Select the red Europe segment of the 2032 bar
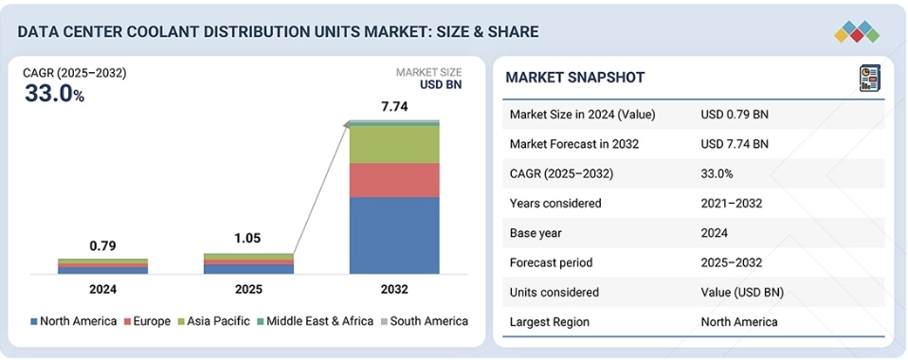(x=394, y=180)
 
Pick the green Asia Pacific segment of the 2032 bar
(x=394, y=145)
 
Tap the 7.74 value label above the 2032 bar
(x=394, y=107)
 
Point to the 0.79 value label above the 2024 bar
(x=102, y=246)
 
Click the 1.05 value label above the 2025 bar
(x=248, y=239)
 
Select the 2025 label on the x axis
(x=248, y=289)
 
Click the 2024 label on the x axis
(x=102, y=289)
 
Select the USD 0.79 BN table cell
(x=735, y=114)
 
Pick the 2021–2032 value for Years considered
(x=732, y=203)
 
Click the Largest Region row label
(x=551, y=321)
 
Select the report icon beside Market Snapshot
(x=868, y=78)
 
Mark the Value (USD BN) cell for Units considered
(x=742, y=292)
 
